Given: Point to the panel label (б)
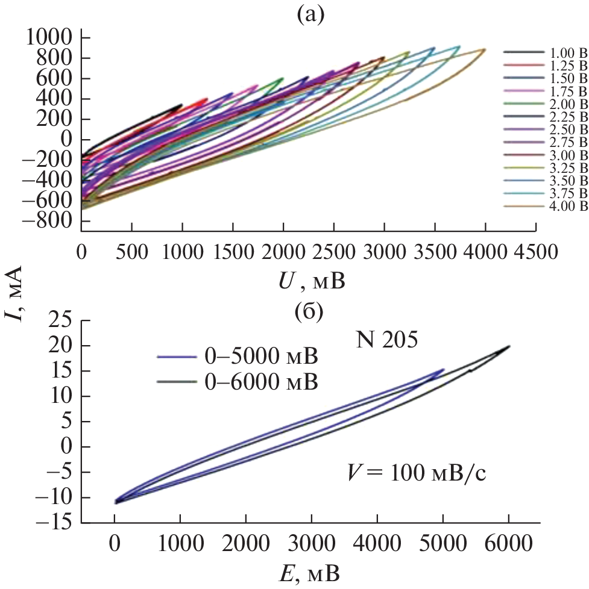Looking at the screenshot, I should tap(307, 312).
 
